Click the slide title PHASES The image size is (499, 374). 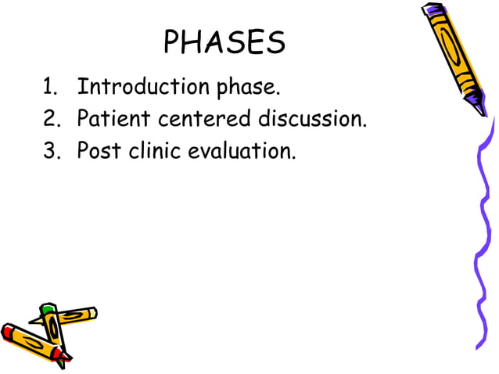[224, 42]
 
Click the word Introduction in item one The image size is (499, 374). [133, 86]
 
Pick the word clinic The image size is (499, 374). [154, 150]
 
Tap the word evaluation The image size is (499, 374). [242, 150]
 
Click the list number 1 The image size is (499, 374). [48, 87]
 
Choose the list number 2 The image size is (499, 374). [49, 119]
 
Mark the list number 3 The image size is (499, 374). [49, 150]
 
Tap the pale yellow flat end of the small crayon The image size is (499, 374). [93, 313]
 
